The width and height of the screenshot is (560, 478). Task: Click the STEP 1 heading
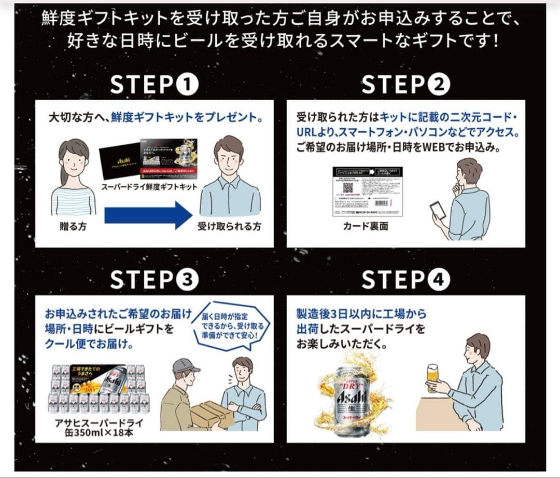pyautogui.click(x=154, y=85)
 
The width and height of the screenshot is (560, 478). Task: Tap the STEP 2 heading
pyautogui.click(x=405, y=85)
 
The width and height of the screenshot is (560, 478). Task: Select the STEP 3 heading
pyautogui.click(x=154, y=280)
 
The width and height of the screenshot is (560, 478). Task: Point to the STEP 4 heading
pyautogui.click(x=405, y=280)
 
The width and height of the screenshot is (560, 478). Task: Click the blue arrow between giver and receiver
pyautogui.click(x=148, y=215)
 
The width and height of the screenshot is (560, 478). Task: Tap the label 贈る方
pyautogui.click(x=73, y=227)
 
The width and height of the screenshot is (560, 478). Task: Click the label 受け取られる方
pyautogui.click(x=229, y=227)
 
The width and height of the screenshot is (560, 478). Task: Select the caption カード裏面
pyautogui.click(x=366, y=227)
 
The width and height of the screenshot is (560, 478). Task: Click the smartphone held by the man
pyautogui.click(x=437, y=210)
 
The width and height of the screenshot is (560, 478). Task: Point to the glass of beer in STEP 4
pyautogui.click(x=432, y=376)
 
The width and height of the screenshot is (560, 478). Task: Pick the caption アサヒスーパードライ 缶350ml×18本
pyautogui.click(x=99, y=427)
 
